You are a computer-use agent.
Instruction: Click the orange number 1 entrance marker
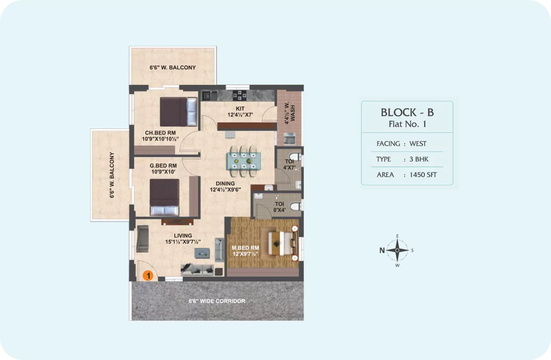pos(148,275)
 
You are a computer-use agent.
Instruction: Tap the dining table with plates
pos(243,161)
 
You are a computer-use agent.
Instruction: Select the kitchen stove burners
pos(239,95)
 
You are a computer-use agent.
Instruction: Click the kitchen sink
pos(210,95)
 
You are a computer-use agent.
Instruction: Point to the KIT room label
pos(240,109)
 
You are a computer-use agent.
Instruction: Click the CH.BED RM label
pos(161,133)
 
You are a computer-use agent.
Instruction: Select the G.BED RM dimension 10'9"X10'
pos(163,172)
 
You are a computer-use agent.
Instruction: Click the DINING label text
pos(225,184)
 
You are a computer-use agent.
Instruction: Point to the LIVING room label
pos(183,235)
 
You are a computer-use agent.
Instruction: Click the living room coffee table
pos(202,253)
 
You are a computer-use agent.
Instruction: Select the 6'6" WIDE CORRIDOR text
pos(217,301)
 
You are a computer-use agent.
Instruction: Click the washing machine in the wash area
pos(289,138)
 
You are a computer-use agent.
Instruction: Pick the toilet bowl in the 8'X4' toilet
pos(296,207)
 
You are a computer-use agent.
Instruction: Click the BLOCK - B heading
pos(407,113)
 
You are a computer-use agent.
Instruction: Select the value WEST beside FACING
pos(418,144)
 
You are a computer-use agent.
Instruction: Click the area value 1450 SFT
pos(423,175)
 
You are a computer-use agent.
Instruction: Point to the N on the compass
pos(382,250)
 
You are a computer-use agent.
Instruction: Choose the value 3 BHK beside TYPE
pos(419,159)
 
